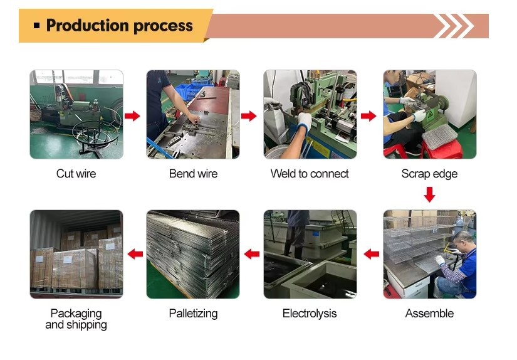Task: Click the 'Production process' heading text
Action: coord(119,26)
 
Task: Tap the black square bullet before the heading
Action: coord(36,26)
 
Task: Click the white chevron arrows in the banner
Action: coord(453,26)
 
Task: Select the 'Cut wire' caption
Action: coord(76,174)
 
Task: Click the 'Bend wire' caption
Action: coord(193,174)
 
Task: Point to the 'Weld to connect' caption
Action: coord(310,174)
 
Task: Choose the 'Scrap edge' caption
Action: coord(429,174)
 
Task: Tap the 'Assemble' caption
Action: coord(429,314)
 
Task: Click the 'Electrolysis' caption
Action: coord(310,314)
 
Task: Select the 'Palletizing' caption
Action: coord(193,314)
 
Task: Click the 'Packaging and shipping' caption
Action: coord(76,319)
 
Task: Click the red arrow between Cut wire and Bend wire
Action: coord(132,115)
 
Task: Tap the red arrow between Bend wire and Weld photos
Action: coord(249,115)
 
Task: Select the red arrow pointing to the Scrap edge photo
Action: coord(368,115)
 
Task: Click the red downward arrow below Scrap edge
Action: coord(429,195)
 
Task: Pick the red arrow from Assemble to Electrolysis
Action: coord(372,254)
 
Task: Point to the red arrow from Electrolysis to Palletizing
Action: coord(252,254)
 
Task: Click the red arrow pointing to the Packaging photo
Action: coord(135,254)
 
